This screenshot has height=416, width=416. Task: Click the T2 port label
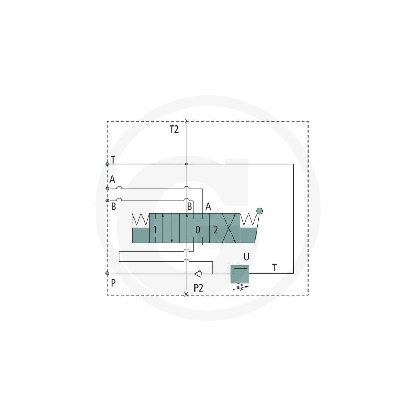point(174,130)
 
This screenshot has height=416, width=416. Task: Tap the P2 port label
point(198,287)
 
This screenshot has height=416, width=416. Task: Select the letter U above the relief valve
point(246,257)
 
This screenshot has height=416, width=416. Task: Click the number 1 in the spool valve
point(155,230)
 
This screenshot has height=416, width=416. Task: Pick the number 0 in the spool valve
point(198,230)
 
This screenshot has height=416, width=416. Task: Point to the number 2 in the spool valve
point(215,230)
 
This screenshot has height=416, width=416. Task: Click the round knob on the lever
point(259,211)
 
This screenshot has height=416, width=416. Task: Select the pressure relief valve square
point(240,274)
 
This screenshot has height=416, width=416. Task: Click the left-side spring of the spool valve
point(140,219)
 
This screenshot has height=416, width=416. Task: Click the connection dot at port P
point(107,273)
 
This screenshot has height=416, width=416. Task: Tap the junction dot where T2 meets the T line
point(187,164)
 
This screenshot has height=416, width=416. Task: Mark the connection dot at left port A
point(107,189)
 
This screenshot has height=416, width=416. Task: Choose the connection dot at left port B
point(107,200)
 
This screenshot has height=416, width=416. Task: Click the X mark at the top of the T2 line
point(187,121)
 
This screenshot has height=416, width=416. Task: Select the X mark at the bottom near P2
point(186,294)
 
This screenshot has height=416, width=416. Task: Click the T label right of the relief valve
point(275,268)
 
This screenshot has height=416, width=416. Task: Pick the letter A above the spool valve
point(208,207)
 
